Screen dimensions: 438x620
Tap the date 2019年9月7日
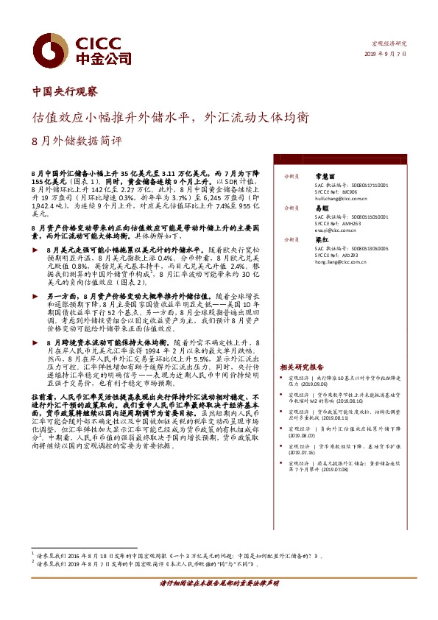[x=387, y=54]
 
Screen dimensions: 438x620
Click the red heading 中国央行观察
[x=65, y=92]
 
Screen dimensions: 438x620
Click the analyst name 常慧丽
[x=325, y=177]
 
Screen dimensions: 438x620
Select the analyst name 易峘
[x=320, y=208]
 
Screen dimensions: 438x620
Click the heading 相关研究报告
[x=302, y=367]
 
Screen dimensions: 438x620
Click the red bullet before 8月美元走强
[x=34, y=251]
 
